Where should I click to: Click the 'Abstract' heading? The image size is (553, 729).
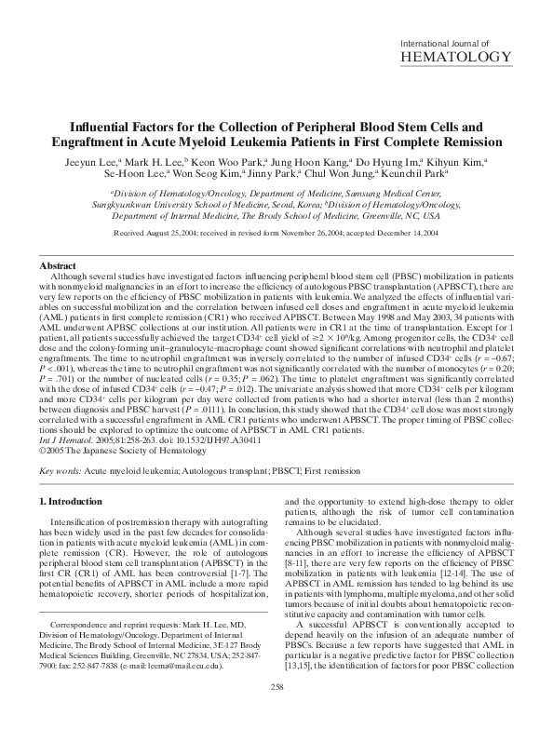point(60,266)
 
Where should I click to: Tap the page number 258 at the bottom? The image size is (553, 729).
point(276,712)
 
